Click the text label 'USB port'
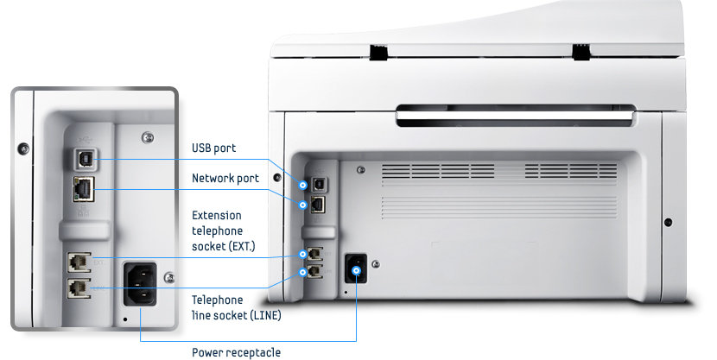213,148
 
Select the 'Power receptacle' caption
236,352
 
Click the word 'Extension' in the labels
216,215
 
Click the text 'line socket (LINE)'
236,315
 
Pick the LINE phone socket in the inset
79,287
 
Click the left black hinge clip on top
378,53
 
